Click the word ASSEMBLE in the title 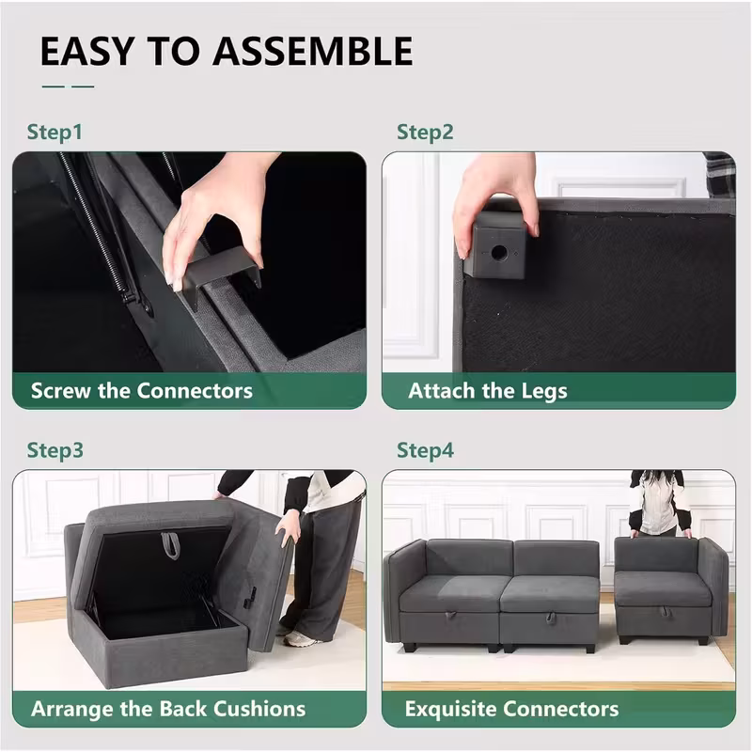tap(313, 51)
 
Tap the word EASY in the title tap(86, 51)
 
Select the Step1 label tap(55, 133)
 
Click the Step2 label tap(425, 133)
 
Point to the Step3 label tap(55, 451)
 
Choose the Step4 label tap(425, 451)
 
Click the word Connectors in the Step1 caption tap(195, 391)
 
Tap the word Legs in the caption tap(544, 392)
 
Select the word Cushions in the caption tap(259, 709)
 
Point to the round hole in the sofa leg tap(499, 252)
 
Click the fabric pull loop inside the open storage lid tap(169, 545)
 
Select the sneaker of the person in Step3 tap(299, 639)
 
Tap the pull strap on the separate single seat tap(666, 612)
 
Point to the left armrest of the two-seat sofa tap(403, 595)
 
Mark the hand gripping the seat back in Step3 tap(289, 528)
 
